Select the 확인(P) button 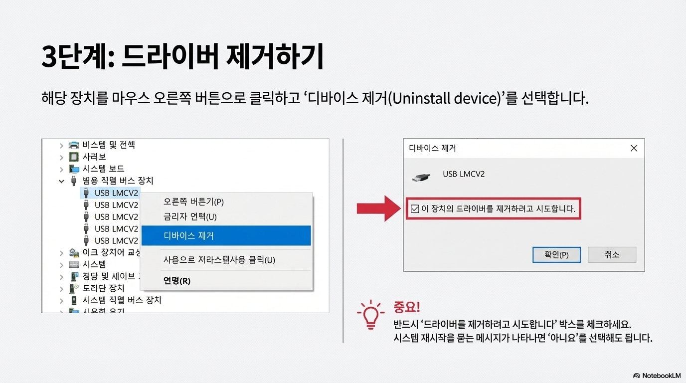pyautogui.click(x=556, y=254)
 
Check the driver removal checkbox pyautogui.click(x=415, y=209)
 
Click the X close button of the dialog pyautogui.click(x=634, y=148)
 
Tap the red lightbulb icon pyautogui.click(x=370, y=315)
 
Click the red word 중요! pyautogui.click(x=407, y=306)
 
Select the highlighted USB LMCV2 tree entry pyautogui.click(x=116, y=193)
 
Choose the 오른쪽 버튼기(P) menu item pyautogui.click(x=193, y=202)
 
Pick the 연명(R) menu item pyautogui.click(x=177, y=281)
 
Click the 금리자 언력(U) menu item pyautogui.click(x=190, y=217)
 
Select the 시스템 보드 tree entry pyautogui.click(x=103, y=169)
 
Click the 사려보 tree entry pyautogui.click(x=94, y=157)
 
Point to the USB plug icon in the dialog pyautogui.click(x=422, y=177)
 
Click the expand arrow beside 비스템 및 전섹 pyautogui.click(x=61, y=146)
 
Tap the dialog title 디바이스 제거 pyautogui.click(x=432, y=148)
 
